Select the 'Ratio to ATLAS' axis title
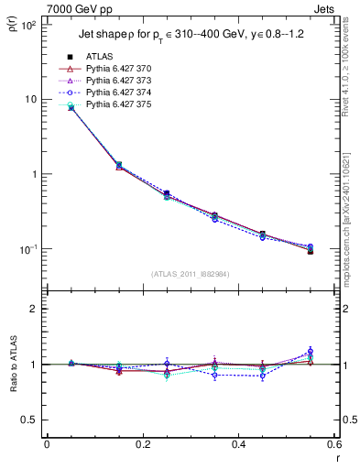point(12,365)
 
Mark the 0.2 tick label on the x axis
point(142,445)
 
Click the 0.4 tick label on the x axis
point(238,445)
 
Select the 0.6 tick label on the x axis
point(333,445)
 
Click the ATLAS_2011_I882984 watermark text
point(190,274)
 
